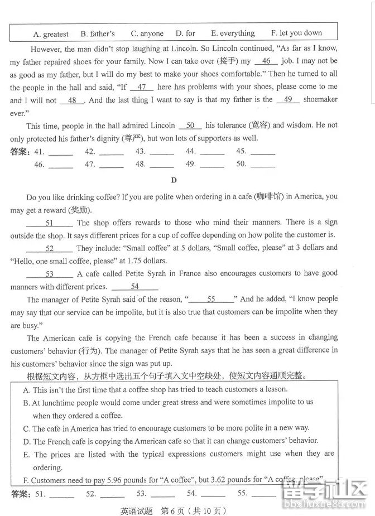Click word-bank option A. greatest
click(51, 33)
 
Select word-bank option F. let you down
click(296, 33)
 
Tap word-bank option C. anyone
click(147, 33)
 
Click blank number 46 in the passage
click(266, 61)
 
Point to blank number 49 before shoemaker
click(288, 100)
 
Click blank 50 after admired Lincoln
click(190, 126)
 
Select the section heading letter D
click(174, 180)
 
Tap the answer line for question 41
click(61, 152)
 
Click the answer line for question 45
click(263, 152)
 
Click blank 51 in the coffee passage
click(49, 223)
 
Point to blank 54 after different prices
click(134, 287)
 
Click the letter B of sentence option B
click(26, 402)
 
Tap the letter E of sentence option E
click(26, 455)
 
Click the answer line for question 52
click(111, 494)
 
